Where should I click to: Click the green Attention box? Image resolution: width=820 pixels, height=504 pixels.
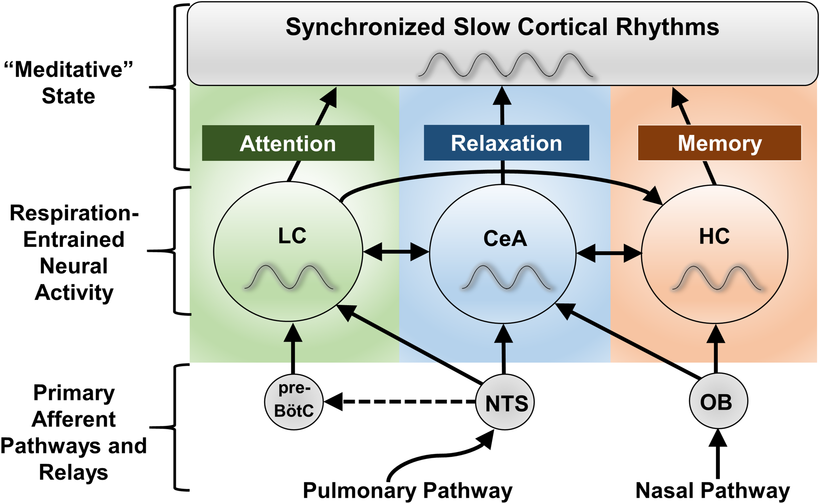tap(288, 143)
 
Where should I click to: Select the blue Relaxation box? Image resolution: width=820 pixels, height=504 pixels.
tap(506, 143)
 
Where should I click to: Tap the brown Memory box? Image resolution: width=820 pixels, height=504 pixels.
tap(719, 143)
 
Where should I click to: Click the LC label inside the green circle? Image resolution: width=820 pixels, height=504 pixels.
tap(292, 236)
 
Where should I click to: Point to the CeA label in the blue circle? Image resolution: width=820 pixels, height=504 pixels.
tap(505, 239)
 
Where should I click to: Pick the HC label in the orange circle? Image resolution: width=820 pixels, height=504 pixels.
tap(714, 236)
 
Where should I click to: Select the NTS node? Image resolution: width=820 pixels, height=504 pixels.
tap(505, 402)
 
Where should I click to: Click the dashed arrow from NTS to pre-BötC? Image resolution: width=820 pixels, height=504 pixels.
tap(400, 402)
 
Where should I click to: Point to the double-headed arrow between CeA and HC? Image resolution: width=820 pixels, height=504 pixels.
tap(609, 253)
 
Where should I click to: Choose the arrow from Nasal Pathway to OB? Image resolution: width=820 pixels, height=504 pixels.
tap(718, 457)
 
